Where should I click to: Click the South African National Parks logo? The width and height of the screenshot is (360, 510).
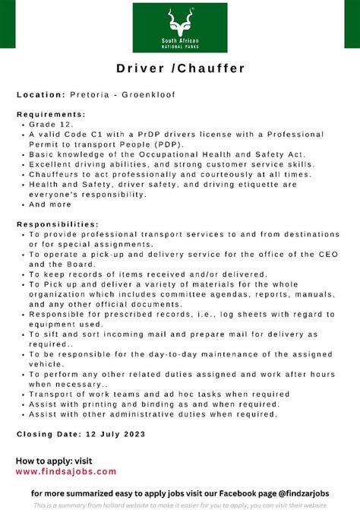coord(179,28)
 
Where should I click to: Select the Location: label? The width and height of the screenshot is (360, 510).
coord(41,94)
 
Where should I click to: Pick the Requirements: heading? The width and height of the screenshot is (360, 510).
coord(51,114)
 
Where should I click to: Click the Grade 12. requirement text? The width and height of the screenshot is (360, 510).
coord(51,123)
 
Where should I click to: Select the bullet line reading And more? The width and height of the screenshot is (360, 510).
coord(51,204)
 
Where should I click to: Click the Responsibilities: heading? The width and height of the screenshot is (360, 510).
coord(58,224)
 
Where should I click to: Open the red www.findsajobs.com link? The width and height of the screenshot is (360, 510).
coord(66,472)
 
